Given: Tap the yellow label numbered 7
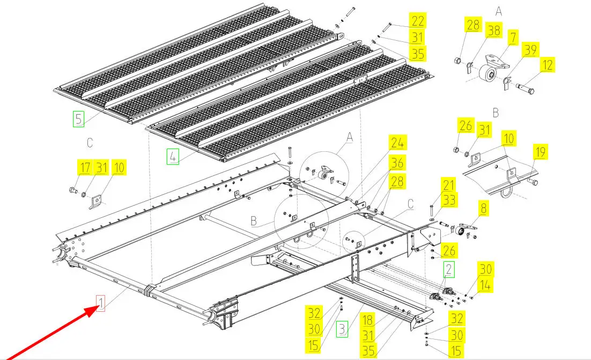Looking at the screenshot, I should coord(513,38).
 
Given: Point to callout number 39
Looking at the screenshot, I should coord(530,50).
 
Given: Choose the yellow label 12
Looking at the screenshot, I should coord(547,65).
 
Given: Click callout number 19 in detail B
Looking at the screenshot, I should coord(540,152).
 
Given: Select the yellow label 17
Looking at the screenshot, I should coord(84,168).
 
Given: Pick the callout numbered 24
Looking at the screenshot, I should coord(397,143).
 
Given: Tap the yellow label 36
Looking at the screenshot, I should coord(397,162).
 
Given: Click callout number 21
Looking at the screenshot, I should coord(448,186).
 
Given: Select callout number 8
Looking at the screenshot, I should coord(484,208).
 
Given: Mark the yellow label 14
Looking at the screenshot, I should coord(485,286).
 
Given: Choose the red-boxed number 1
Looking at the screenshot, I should coord(100,304).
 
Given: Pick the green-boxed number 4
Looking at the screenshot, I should coord(173,156).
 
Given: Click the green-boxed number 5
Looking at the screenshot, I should coord(78,118).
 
